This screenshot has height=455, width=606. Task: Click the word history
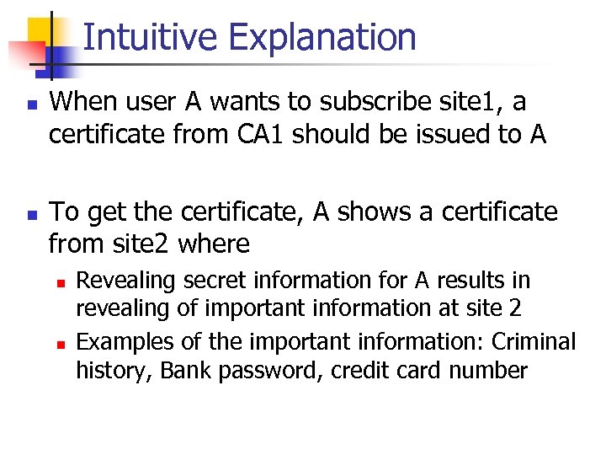coord(107,371)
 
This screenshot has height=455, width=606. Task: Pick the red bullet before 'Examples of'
coord(60,343)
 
